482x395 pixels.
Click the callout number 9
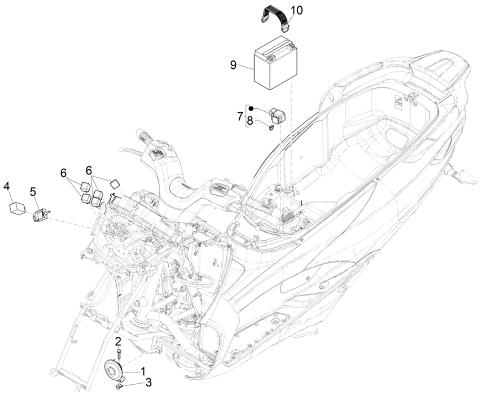(233, 65)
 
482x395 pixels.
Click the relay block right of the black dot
(277, 115)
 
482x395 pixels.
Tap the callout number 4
(7, 186)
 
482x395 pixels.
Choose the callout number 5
(33, 191)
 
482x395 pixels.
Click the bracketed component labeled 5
(41, 214)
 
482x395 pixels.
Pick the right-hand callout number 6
(89, 170)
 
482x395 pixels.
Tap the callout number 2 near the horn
(118, 341)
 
